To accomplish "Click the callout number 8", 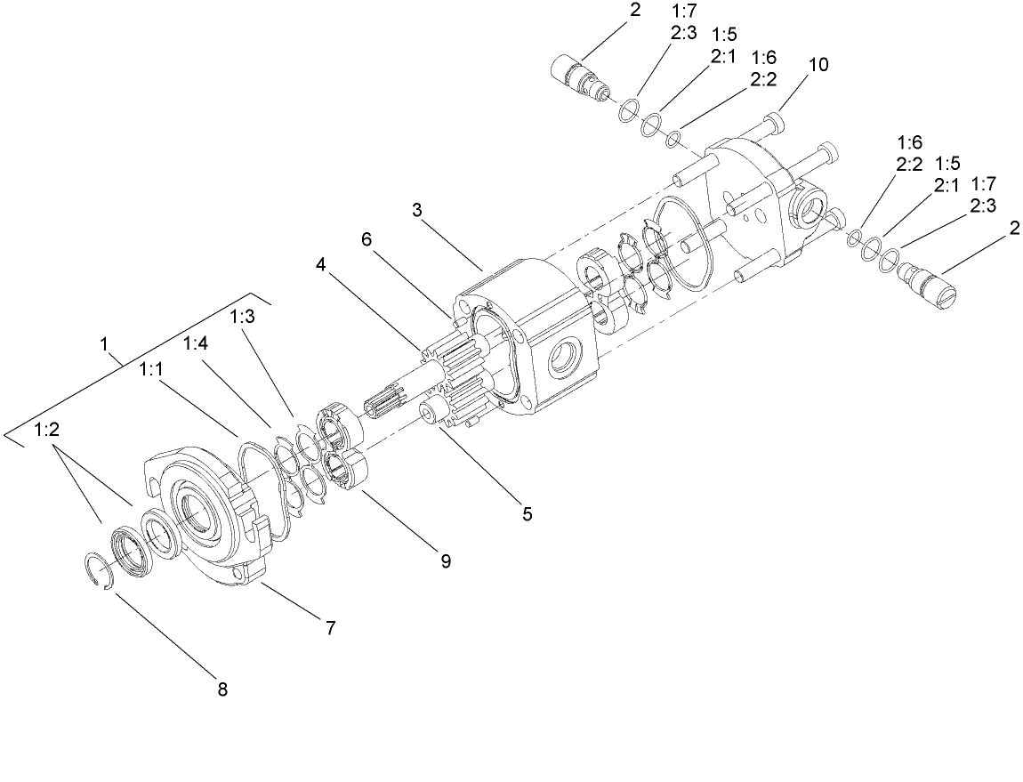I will (x=222, y=689).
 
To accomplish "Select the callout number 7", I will (x=329, y=627).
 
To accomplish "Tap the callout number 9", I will (x=444, y=560).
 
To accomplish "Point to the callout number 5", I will (x=527, y=513).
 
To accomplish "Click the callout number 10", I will (x=818, y=65).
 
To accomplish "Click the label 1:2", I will (x=47, y=430).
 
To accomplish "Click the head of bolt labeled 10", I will (x=778, y=118).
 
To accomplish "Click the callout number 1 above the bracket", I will (x=107, y=343).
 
